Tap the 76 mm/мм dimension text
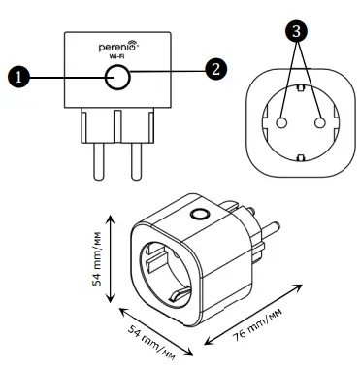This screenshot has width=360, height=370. click(274, 321)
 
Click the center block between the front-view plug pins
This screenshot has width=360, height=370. click(116, 126)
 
